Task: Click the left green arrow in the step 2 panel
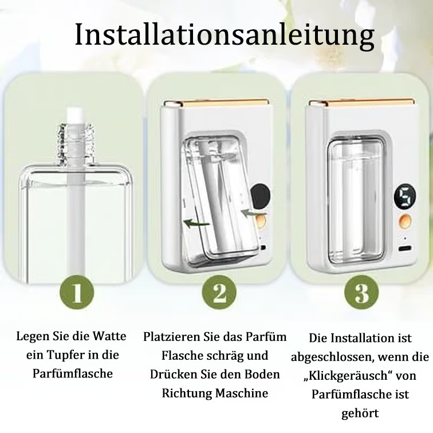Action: point(196,223)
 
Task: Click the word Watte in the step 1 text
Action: point(110,336)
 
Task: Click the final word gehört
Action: point(361,413)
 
